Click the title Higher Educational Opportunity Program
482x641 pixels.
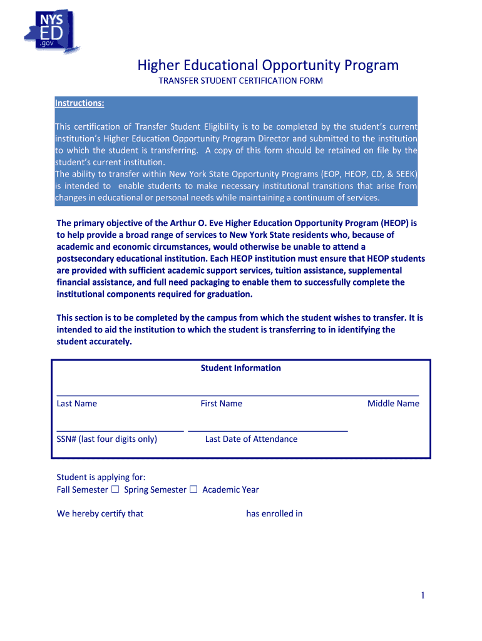[x=268, y=65]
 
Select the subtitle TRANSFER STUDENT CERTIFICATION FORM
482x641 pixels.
[x=240, y=81]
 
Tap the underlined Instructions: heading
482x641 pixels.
[x=79, y=103]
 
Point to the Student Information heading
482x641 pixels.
[x=240, y=368]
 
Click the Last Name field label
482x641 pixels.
[x=77, y=404]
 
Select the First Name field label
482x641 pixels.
[x=221, y=404]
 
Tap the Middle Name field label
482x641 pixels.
[x=393, y=404]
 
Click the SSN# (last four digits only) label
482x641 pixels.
[x=107, y=439]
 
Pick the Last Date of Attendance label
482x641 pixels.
[x=251, y=439]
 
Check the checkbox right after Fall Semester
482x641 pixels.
[x=115, y=490]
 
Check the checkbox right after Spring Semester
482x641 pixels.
[x=193, y=490]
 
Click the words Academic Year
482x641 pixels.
[x=230, y=490]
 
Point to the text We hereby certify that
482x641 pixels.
[x=100, y=514]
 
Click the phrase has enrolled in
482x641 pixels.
[x=274, y=514]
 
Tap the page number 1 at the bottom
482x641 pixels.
[x=423, y=596]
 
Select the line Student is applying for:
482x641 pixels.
[x=101, y=478]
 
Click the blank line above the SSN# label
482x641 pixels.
[x=120, y=431]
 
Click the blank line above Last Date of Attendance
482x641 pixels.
[x=268, y=431]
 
